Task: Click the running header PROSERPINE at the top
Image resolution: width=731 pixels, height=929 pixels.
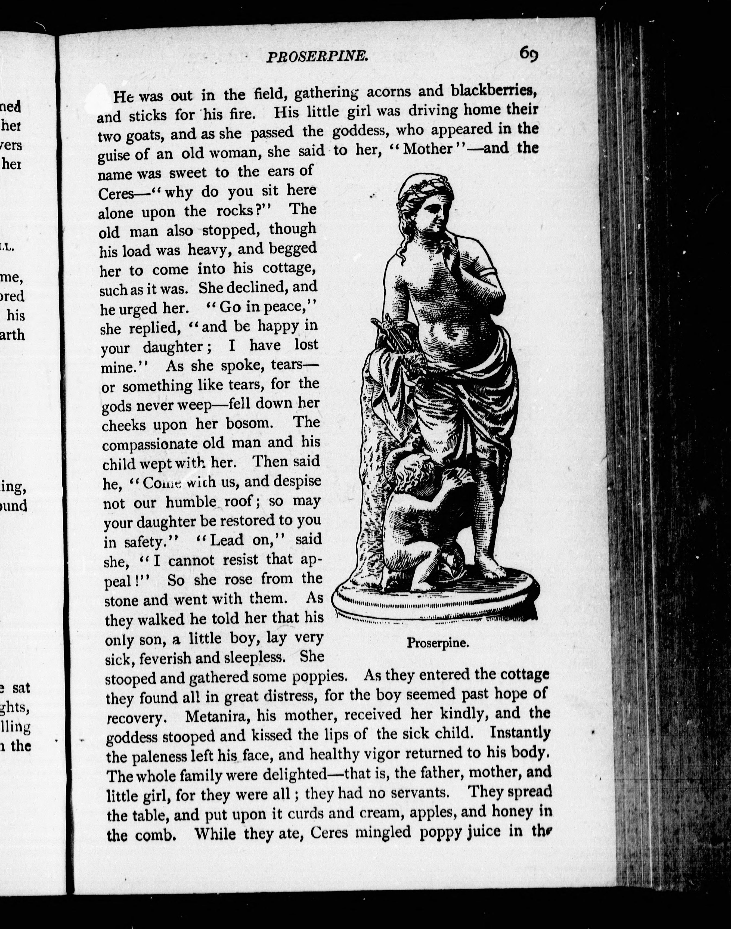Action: tap(317, 57)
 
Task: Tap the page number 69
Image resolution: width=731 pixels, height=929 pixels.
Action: tap(529, 54)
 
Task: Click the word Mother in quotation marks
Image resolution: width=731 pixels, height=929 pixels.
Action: tap(428, 148)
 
